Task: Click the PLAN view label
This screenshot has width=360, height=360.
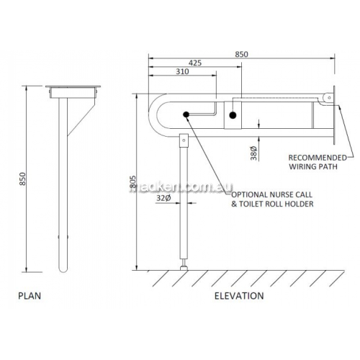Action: point(30,296)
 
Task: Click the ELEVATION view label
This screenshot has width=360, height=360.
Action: point(239,296)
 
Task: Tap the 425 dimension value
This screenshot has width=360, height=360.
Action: point(195,63)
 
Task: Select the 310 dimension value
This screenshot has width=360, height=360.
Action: point(182,71)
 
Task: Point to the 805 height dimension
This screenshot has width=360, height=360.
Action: point(132,183)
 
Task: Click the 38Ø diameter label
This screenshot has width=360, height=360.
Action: point(253,153)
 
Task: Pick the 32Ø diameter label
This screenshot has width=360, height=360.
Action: point(163,198)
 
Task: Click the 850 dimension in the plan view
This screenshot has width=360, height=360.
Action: point(22,179)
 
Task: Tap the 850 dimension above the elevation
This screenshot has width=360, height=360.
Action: point(241,54)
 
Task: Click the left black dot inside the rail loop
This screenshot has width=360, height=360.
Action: point(186,114)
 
